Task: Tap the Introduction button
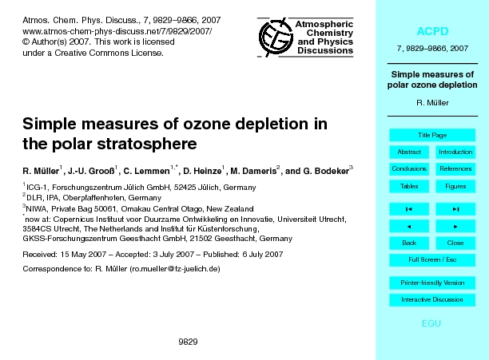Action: pos(455,152)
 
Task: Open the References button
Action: pos(455,168)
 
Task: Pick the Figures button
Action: pos(455,186)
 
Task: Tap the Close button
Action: pos(455,243)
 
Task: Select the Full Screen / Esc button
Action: pos(432,259)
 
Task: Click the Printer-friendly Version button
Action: pos(432,283)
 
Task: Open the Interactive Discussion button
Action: pos(432,300)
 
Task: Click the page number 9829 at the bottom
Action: pos(188,341)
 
